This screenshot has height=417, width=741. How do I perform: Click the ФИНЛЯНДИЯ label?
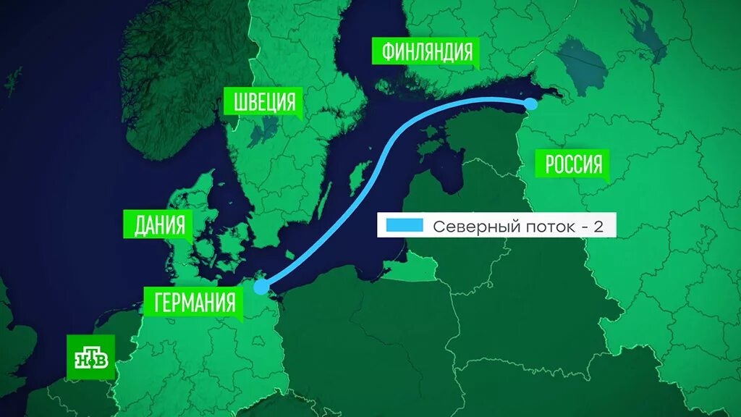[426, 52]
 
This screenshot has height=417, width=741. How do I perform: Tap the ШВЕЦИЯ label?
[265, 102]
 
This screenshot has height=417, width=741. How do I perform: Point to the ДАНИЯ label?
[159, 226]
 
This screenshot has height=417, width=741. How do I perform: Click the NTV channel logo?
[91, 357]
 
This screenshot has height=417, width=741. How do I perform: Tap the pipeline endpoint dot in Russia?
[530, 104]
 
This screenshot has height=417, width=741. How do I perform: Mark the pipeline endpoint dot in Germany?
[261, 287]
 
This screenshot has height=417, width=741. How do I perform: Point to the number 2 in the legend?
[598, 227]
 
